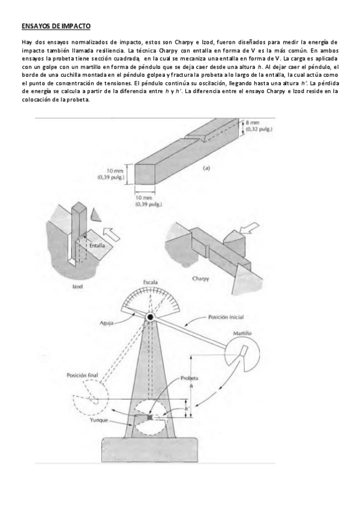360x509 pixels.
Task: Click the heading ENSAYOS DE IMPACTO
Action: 56,27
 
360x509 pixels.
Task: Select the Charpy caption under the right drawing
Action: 200,280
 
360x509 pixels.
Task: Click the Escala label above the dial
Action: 151,282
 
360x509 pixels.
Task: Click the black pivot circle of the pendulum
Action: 149,316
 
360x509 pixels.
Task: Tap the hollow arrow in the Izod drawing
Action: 112,232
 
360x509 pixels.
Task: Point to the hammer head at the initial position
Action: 245,349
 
